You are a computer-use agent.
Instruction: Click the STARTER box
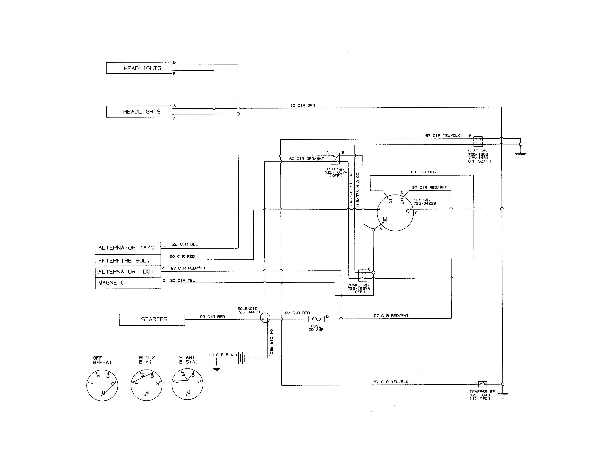coord(152,319)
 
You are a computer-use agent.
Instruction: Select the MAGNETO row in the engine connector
coord(128,283)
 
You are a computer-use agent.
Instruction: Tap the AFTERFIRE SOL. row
coord(128,261)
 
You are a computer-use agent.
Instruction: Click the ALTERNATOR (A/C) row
coord(128,248)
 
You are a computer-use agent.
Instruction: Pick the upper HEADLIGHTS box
coord(139,68)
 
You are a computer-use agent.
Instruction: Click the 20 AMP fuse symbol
coord(316,319)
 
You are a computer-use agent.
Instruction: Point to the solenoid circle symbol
coord(265,318)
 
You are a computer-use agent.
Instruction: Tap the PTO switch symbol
coord(335,158)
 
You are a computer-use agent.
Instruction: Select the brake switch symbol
coord(363,275)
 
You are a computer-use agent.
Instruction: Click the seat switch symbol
coord(478,142)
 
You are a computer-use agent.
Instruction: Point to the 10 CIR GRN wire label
coord(303,105)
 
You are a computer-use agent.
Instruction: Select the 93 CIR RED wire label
coord(212,317)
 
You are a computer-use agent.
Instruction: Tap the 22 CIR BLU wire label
coord(185,244)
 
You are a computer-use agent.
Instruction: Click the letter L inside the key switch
coord(383,210)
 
